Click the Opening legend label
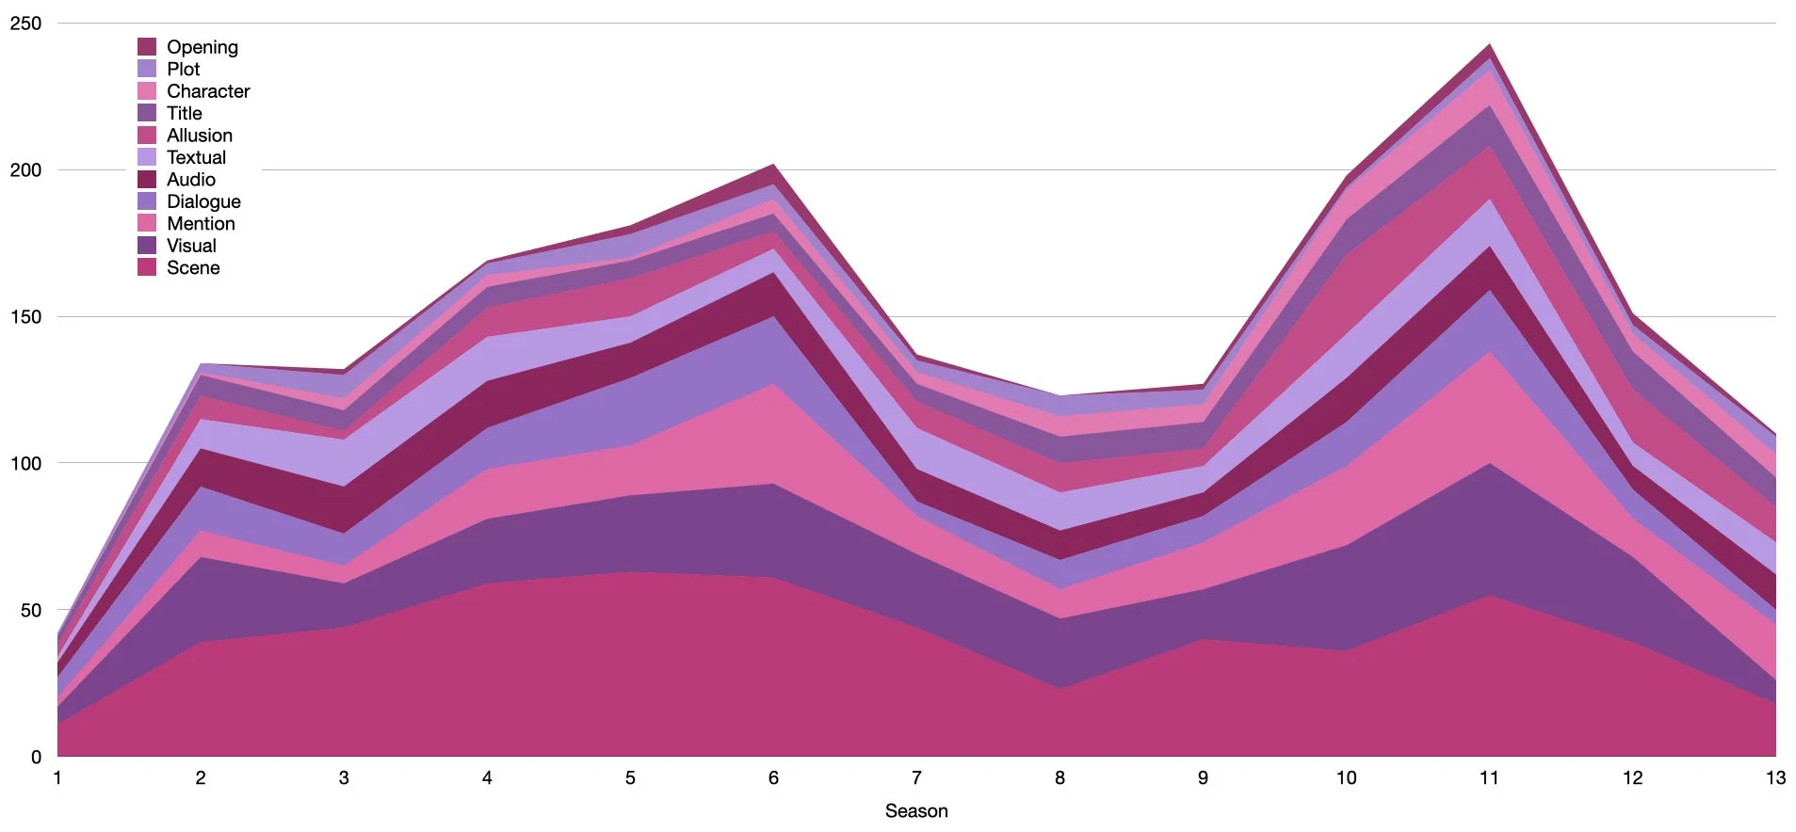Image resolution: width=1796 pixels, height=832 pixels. tap(202, 47)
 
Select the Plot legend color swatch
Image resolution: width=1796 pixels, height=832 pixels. tap(147, 69)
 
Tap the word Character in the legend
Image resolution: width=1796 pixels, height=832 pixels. tap(208, 91)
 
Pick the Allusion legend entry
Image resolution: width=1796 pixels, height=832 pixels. tap(199, 136)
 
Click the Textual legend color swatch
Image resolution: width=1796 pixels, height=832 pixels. tap(147, 157)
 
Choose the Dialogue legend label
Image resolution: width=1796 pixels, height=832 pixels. tap(203, 201)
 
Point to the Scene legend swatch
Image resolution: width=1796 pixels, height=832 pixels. tap(147, 267)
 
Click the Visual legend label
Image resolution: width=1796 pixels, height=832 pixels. tap(191, 246)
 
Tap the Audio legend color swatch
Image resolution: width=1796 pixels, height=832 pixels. tap(147, 179)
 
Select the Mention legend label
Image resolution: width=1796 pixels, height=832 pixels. tap(201, 223)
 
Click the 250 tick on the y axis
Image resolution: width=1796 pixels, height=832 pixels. tap(25, 24)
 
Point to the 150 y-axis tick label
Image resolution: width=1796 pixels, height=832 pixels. tap(25, 317)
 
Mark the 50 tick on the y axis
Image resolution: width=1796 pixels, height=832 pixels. tap(30, 610)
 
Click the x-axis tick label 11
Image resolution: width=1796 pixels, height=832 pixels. tap(1489, 778)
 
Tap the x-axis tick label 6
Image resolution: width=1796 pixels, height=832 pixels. tap(773, 778)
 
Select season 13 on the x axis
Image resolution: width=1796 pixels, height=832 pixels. tap(1775, 778)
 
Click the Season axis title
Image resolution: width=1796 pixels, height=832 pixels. tap(916, 811)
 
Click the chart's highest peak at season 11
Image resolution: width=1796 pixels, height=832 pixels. tap(1489, 44)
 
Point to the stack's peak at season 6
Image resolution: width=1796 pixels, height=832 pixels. tap(773, 165)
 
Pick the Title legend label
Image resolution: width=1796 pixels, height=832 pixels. tap(185, 113)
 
